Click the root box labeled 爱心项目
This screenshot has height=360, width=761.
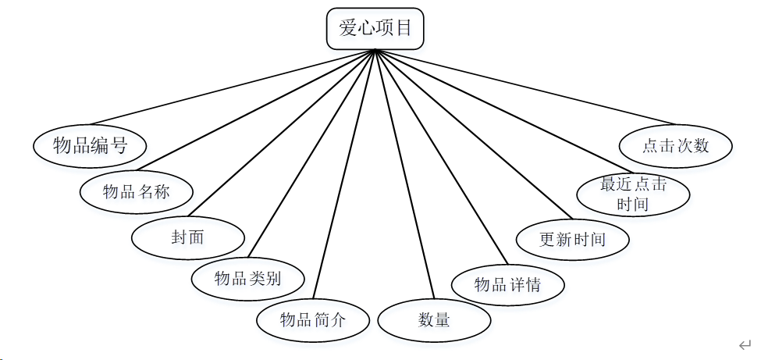(x=375, y=29)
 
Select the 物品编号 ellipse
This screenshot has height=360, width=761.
(x=91, y=145)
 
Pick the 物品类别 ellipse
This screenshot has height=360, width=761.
(x=247, y=278)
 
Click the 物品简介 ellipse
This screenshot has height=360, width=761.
(x=313, y=319)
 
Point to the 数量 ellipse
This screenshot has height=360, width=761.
(x=434, y=319)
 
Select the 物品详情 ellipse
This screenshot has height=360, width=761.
(x=508, y=284)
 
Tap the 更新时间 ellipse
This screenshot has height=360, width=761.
(x=572, y=239)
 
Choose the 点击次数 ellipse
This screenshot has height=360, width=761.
(x=676, y=145)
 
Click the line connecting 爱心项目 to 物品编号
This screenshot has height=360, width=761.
(x=234, y=87)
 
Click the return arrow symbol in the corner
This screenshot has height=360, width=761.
(x=745, y=344)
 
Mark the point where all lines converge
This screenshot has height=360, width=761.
(x=376, y=51)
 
